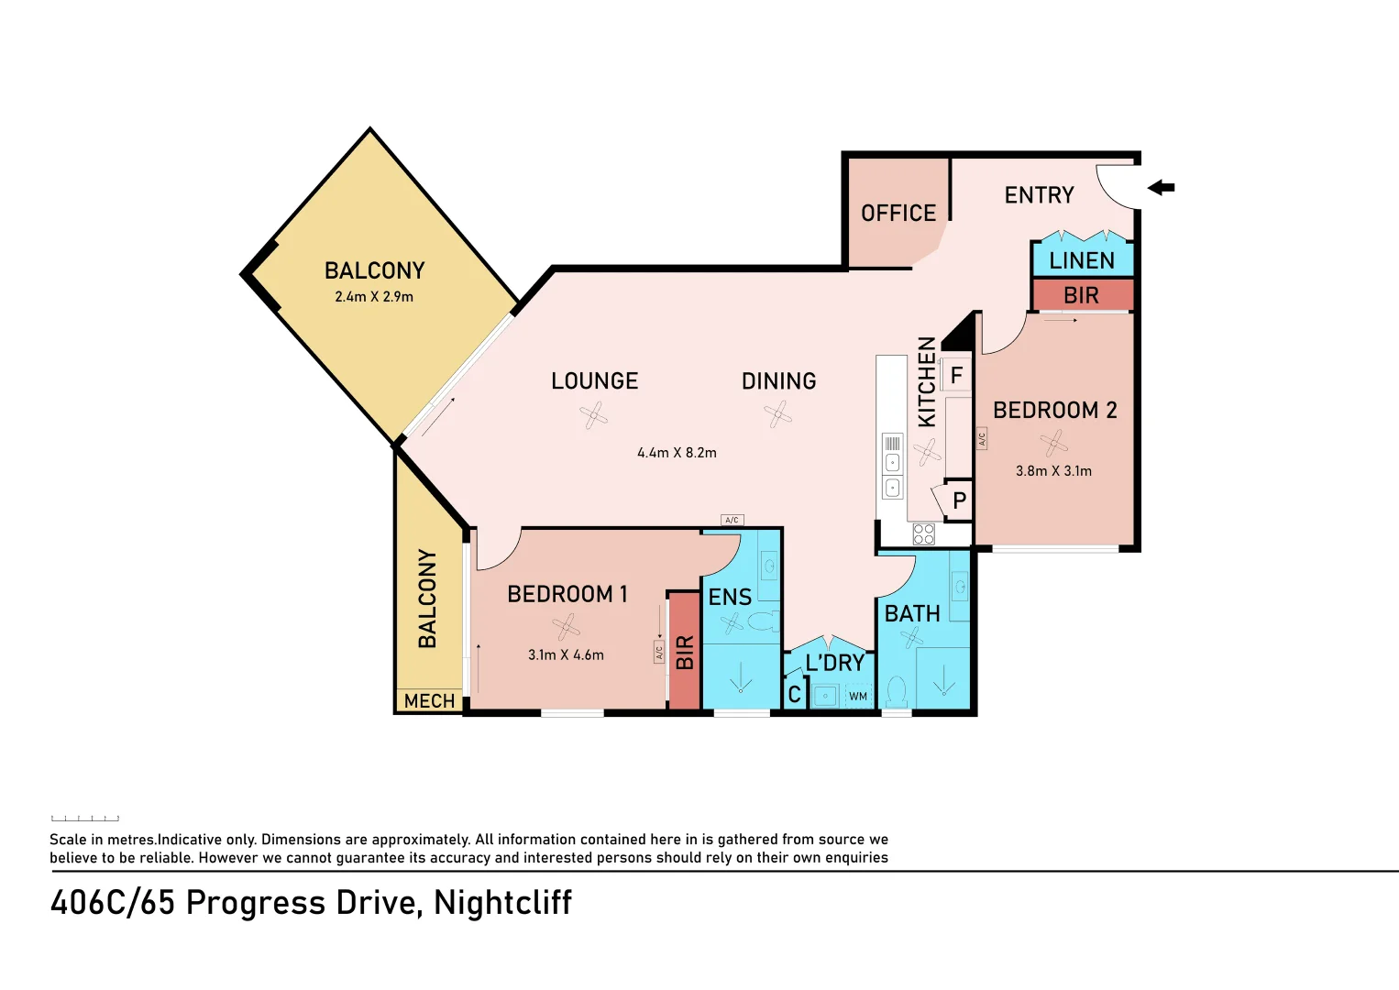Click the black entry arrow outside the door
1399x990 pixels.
point(1161,187)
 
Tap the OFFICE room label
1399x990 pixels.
point(898,214)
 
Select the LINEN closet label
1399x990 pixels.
point(1082,261)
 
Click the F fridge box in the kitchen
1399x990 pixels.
point(956,376)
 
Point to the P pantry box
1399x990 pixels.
point(959,500)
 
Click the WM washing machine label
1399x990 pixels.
point(857,696)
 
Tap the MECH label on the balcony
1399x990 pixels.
point(429,701)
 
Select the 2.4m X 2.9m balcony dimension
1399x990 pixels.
point(374,297)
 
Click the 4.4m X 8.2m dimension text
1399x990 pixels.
point(677,453)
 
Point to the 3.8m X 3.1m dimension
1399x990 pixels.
point(1053,471)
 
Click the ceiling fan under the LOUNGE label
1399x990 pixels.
point(593,414)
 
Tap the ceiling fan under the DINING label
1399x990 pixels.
point(777,414)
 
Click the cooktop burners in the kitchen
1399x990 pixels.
point(924,534)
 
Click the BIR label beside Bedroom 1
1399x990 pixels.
point(685,652)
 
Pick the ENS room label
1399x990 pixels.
point(730,598)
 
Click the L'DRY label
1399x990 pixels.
point(835,663)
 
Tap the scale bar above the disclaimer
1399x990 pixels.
point(85,818)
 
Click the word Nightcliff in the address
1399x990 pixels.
point(502,903)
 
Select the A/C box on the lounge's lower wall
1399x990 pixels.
point(732,520)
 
